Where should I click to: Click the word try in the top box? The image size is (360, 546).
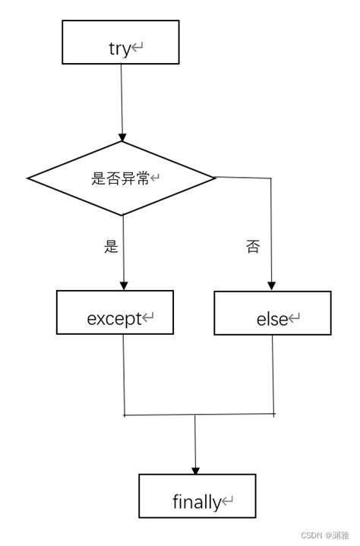[x=119, y=49]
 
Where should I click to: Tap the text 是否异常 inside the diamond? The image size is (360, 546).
[x=120, y=178]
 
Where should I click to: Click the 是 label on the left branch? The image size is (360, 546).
[x=112, y=247]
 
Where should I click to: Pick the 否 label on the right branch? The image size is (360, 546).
[x=252, y=248]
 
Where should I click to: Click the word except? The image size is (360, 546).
[x=114, y=319]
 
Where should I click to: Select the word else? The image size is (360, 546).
[x=272, y=320]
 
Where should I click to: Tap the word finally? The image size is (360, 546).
[x=196, y=502]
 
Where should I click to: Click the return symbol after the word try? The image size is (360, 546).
[x=137, y=49]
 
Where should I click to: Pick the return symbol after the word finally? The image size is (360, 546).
[x=227, y=502]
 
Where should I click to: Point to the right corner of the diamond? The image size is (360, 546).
[x=215, y=178]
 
